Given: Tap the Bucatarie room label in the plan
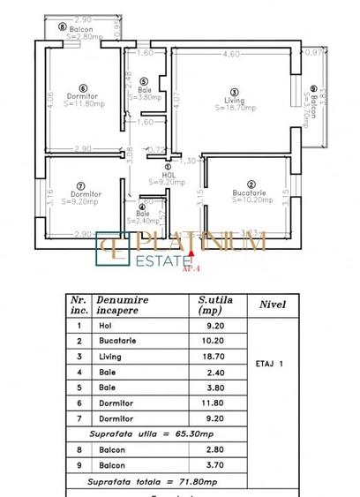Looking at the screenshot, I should [250, 192].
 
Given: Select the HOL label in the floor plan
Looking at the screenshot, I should [169, 175].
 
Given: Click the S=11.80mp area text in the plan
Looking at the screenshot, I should [83, 103].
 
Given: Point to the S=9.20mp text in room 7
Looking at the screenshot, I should [82, 200].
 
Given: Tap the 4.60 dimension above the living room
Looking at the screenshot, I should [231, 55].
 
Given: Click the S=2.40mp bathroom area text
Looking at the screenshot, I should [143, 221].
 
